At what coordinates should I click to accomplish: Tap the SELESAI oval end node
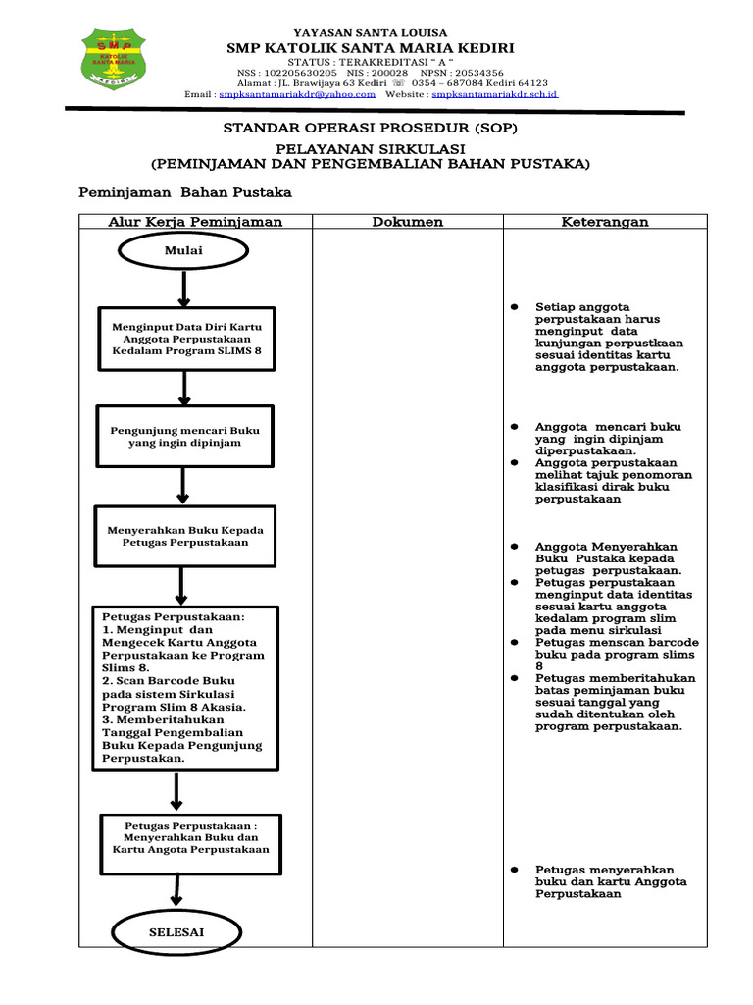pos(176,931)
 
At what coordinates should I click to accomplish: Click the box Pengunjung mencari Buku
pos(184,436)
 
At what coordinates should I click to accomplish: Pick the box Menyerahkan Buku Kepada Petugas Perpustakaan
pos(185,536)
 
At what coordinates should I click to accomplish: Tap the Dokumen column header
pos(407,222)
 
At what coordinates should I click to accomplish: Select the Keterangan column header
pos(604,222)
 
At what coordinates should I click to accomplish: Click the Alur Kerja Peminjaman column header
pos(195,222)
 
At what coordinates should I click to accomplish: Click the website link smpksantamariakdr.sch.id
pos(494,95)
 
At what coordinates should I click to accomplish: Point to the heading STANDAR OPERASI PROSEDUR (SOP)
pos(370,129)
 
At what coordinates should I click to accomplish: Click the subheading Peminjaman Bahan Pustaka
pos(185,192)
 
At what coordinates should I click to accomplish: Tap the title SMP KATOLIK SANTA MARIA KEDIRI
pos(370,48)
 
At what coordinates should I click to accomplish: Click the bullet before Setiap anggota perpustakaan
pos(514,308)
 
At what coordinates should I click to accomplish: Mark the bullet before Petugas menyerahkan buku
pos(514,871)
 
